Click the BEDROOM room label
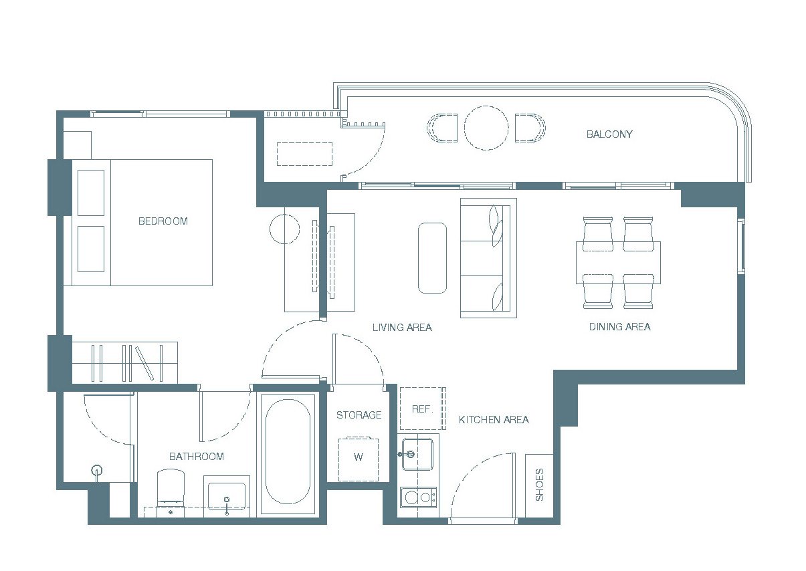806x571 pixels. [x=163, y=221]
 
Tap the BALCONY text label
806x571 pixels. [x=609, y=134]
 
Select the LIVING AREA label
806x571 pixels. [x=402, y=327]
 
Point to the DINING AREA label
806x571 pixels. [x=619, y=326]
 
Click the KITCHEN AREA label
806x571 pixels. [x=494, y=420]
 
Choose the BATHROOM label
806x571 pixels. [x=197, y=456]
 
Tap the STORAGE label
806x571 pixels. [x=359, y=415]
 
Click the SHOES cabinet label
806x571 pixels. [x=539, y=485]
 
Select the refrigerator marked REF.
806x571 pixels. [x=423, y=409]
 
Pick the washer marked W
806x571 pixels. [x=359, y=459]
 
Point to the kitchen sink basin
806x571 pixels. [x=417, y=454]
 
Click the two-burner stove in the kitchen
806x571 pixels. [x=419, y=497]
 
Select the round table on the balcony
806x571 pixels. [x=486, y=128]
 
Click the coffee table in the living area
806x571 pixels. [x=432, y=258]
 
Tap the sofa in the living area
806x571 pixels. [x=488, y=258]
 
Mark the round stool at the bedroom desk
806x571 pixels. [x=284, y=229]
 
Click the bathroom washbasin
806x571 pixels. [x=227, y=496]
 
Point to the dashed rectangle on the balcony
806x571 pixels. [x=304, y=154]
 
